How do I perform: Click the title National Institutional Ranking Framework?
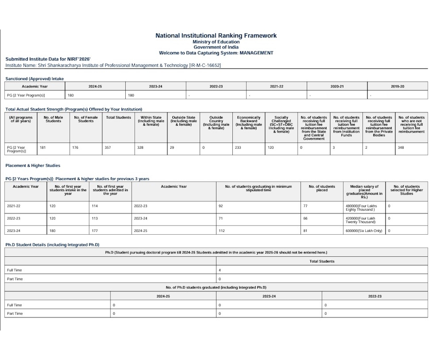[216, 36]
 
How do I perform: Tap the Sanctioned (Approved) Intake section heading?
[35, 78]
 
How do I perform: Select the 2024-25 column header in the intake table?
[95, 86]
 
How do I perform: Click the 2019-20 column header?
[397, 86]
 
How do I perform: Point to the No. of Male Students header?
[53, 119]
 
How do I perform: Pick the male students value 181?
[43, 147]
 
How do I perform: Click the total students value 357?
[108, 147]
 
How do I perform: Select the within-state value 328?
[140, 147]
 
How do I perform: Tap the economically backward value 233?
[238, 147]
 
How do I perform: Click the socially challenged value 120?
[271, 147]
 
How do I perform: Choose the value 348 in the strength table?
[401, 147]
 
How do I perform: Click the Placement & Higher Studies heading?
[33, 166]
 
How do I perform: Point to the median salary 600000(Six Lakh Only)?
[364, 231]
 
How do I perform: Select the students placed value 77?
[305, 205]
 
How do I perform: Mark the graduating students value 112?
[221, 231]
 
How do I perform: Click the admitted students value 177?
[95, 231]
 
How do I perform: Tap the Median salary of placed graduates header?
[364, 192]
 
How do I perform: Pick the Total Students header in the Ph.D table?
[322, 261]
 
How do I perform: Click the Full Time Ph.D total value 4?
[219, 270]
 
